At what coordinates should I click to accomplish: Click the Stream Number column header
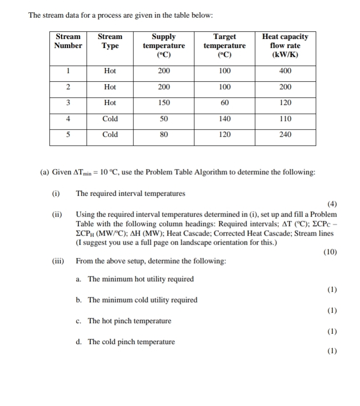coord(68,41)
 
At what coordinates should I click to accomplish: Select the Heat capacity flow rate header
coord(285,45)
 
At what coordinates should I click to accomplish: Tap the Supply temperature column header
coord(164,45)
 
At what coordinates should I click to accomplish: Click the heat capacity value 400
coord(285,71)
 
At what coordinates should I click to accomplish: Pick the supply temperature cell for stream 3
coord(164,103)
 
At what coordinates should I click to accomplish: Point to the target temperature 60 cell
coord(225,103)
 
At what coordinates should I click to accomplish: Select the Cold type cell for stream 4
coord(110,119)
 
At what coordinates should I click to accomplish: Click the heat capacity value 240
coord(285,134)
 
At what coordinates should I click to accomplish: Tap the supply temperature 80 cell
coord(164,134)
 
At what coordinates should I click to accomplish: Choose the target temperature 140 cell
coord(225,119)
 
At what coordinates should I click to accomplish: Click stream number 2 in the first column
coord(68,87)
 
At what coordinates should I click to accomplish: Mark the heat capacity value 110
coord(285,119)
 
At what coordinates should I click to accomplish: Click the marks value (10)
coord(330,252)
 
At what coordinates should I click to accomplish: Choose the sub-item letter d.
coord(78,342)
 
